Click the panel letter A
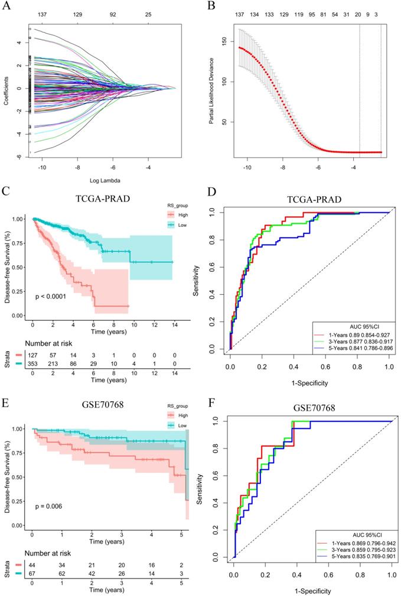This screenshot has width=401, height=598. point(5,6)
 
